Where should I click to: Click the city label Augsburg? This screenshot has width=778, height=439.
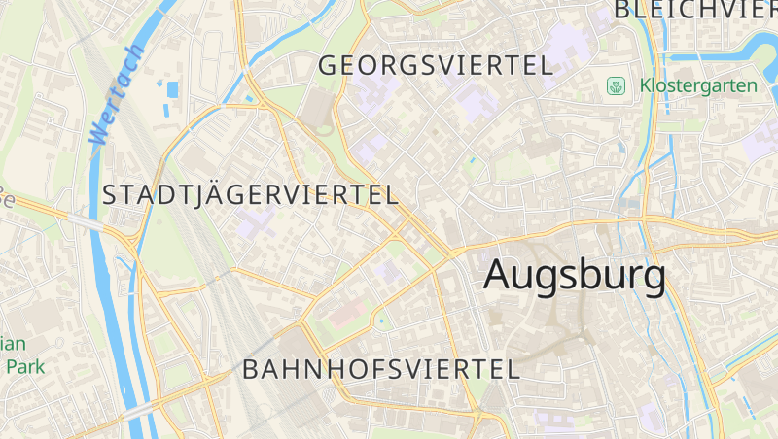point(575,275)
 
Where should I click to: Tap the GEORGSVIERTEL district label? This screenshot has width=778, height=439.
point(436,66)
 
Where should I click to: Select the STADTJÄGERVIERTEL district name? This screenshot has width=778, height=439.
point(250,194)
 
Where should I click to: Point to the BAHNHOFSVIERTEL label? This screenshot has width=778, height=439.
point(380,369)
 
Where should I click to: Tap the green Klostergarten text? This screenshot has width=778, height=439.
point(697,85)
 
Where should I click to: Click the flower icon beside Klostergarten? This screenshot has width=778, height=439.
point(616,86)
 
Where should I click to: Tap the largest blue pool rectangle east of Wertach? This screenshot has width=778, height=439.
point(173,90)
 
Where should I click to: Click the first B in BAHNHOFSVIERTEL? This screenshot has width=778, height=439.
point(251,369)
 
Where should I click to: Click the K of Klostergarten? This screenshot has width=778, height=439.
point(645,85)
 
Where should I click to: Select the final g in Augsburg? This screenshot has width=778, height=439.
point(652,280)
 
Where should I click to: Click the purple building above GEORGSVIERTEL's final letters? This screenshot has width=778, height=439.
point(561,45)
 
